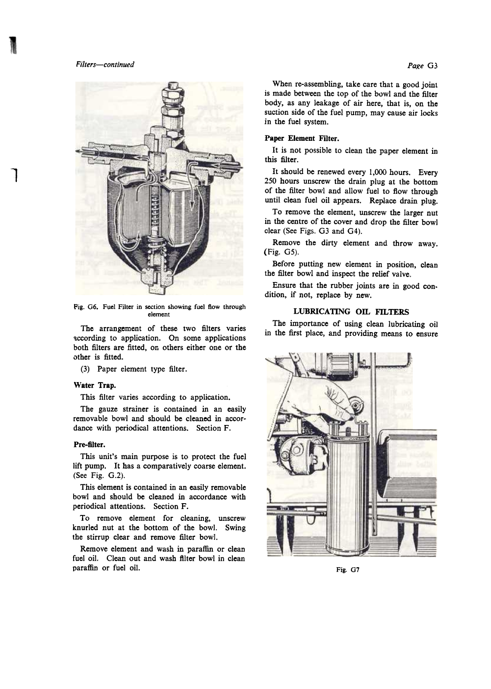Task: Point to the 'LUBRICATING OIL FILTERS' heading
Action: [351, 312]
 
